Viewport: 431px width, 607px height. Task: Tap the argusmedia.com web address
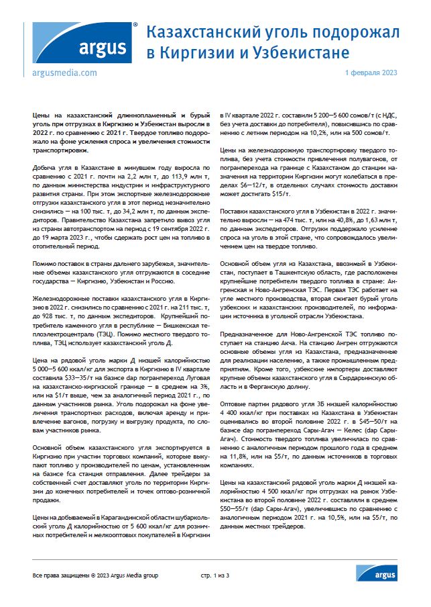click(x=64, y=72)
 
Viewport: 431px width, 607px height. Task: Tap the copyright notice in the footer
click(x=95, y=575)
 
